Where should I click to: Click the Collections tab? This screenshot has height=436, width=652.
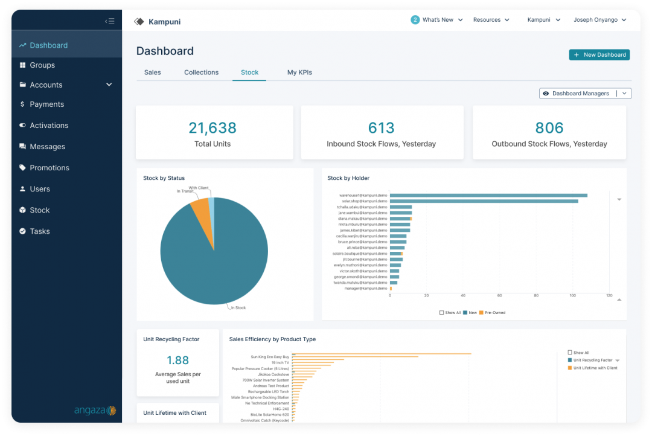(201, 72)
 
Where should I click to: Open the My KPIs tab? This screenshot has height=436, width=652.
(299, 72)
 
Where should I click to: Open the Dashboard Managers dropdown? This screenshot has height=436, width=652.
(585, 94)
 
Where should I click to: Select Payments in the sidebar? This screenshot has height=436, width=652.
(46, 104)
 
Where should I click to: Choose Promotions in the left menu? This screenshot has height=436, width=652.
(49, 168)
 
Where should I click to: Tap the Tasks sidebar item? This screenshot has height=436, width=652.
(39, 231)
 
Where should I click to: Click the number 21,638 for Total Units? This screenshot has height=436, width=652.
(213, 128)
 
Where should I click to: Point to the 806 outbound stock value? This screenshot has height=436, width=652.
(549, 128)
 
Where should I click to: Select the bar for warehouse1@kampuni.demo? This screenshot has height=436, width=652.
(488, 196)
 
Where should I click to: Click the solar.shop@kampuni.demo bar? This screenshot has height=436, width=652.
(484, 201)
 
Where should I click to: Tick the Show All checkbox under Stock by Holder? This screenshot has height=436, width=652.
(442, 313)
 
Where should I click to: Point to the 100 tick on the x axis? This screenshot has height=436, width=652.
(573, 295)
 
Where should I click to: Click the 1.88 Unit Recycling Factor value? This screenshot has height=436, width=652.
(177, 361)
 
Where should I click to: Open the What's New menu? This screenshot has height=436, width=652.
(438, 20)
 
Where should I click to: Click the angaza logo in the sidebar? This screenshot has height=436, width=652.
(95, 411)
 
